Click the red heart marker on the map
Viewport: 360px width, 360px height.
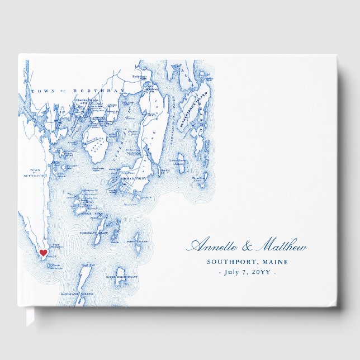[x=43, y=253]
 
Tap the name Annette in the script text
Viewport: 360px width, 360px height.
[x=211, y=247]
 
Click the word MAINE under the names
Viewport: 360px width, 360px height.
[x=275, y=262]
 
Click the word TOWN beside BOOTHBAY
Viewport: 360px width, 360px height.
[x=41, y=91]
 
